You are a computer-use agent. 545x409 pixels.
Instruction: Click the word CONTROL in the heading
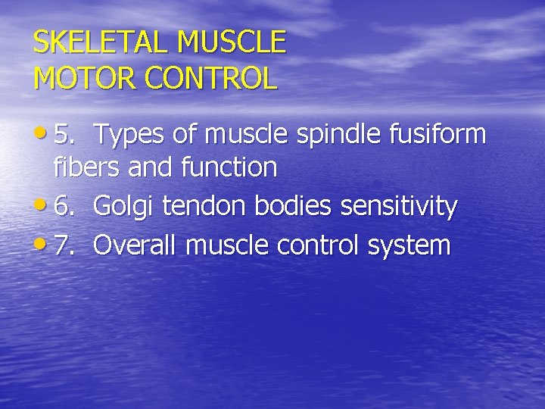pyautogui.click(x=213, y=78)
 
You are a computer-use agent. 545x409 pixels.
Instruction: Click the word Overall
pyautogui.click(x=136, y=245)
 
